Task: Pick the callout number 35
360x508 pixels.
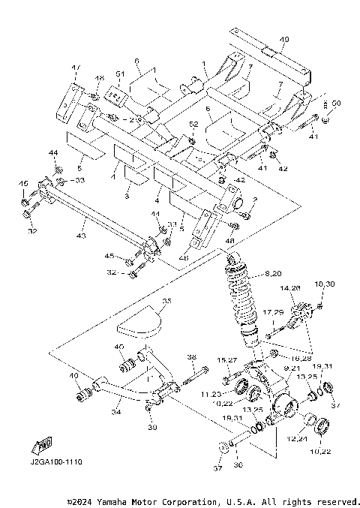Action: (x=166, y=301)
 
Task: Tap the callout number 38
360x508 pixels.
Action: (x=191, y=356)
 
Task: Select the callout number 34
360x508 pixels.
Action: (x=116, y=411)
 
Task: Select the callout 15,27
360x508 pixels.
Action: (x=227, y=360)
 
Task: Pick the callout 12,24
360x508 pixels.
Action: (x=298, y=439)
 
